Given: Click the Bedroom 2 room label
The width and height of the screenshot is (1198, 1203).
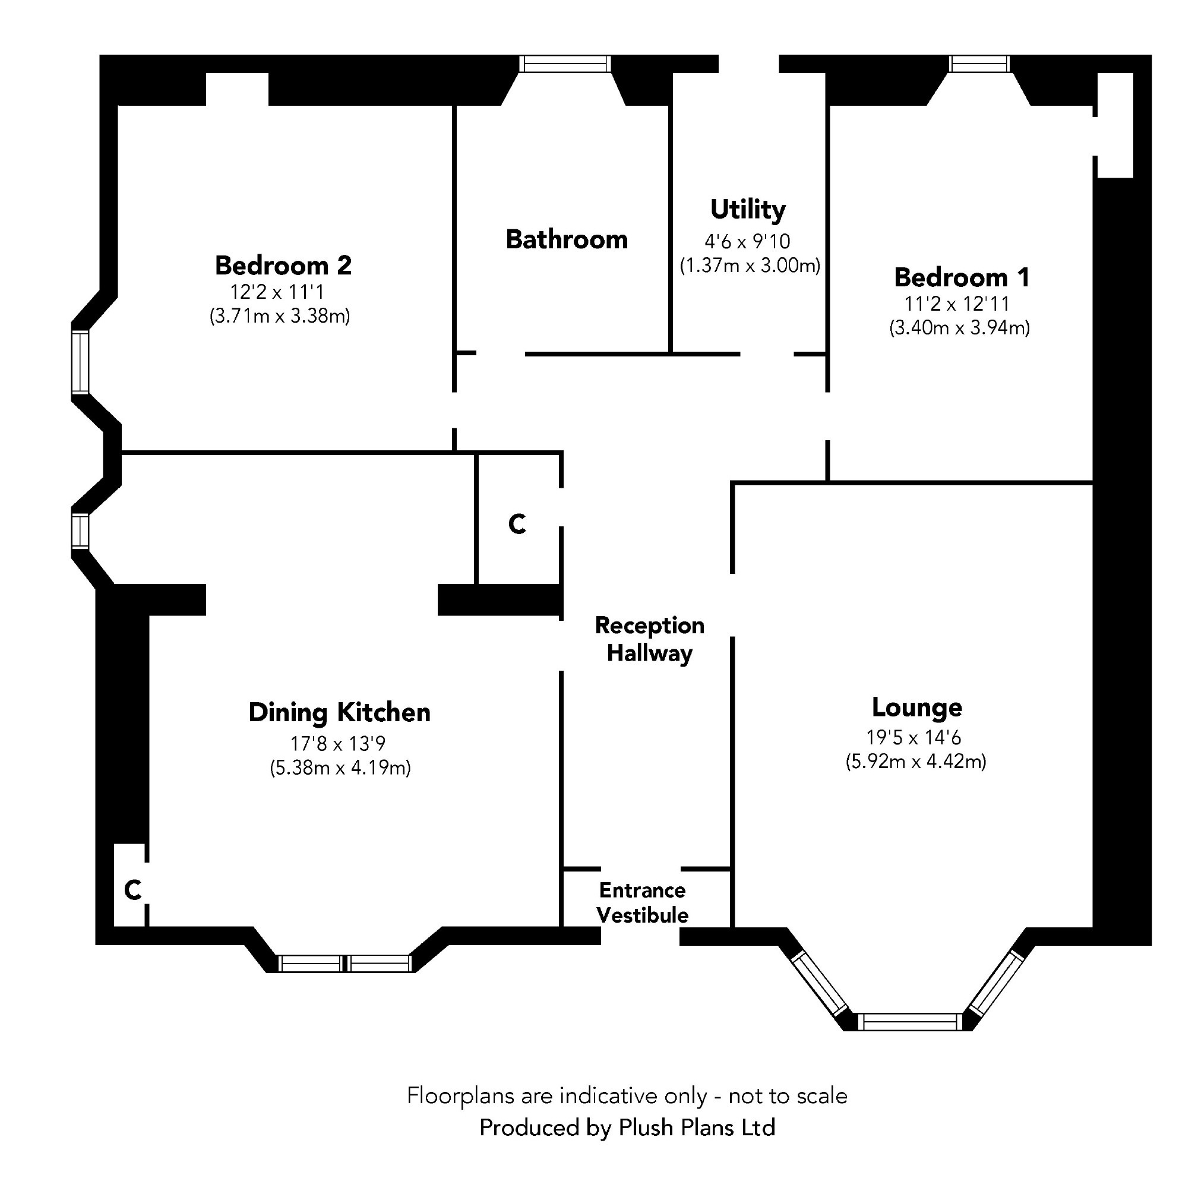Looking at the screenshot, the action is (x=283, y=266).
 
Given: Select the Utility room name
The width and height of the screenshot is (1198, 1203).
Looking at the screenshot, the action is (x=748, y=209).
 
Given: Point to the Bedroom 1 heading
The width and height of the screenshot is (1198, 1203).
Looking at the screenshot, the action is (x=962, y=277).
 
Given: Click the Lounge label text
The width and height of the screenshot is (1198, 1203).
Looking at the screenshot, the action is (x=916, y=708).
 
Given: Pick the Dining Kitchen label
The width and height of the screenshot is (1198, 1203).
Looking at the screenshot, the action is (x=339, y=713).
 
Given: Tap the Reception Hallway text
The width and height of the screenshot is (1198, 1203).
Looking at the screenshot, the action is (x=649, y=639).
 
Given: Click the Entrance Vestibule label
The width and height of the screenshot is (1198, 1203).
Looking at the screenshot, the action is (x=643, y=903).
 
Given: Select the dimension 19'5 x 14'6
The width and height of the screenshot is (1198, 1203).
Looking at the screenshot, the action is (x=914, y=738).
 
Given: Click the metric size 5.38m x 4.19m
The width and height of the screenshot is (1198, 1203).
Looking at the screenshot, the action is (x=340, y=768).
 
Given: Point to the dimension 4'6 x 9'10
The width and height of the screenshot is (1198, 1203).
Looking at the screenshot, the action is (x=747, y=242).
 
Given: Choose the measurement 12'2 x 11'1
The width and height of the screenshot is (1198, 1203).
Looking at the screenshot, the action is (x=278, y=292).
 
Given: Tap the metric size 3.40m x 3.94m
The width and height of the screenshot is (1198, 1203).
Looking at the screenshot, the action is (x=959, y=327).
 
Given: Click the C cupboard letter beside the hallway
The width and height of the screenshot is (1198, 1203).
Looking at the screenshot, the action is (x=517, y=525).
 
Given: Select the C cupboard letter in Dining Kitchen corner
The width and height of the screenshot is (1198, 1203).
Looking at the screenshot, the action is (x=132, y=891).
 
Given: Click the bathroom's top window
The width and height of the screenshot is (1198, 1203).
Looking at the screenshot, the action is (x=565, y=64).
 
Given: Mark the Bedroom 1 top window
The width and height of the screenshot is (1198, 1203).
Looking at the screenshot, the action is (x=979, y=64).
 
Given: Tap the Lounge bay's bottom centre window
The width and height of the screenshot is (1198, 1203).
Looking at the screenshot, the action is (x=910, y=1022).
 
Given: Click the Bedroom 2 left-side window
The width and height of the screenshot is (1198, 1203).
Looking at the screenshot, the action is (x=80, y=362).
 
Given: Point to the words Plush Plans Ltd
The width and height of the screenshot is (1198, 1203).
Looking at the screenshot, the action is (x=697, y=1128).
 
